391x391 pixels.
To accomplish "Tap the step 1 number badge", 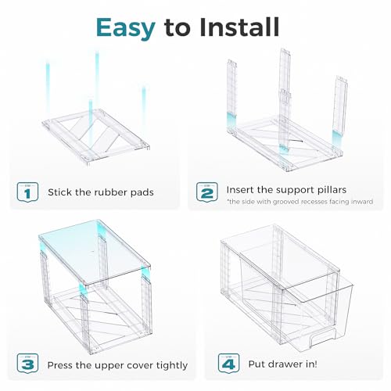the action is point(27,192).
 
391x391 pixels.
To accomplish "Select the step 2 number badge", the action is point(207,192).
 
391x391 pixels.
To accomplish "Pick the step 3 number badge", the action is point(27,364).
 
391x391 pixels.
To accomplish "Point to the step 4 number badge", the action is point(228,364).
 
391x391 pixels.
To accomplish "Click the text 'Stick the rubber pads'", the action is point(101,192).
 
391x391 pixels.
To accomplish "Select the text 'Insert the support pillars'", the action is point(286,190).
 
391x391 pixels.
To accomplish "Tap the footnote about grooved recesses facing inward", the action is point(300,202).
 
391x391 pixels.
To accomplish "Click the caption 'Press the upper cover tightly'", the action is point(117,365).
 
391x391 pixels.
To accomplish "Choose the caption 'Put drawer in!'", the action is point(282,364).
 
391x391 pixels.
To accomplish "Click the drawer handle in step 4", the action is point(322,338).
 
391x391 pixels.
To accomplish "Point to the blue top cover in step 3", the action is point(95,252).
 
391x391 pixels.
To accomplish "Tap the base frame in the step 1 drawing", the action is point(96,137).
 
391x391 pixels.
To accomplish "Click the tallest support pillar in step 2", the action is point(285,100).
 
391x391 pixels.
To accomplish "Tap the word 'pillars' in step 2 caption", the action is point(332,190).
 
